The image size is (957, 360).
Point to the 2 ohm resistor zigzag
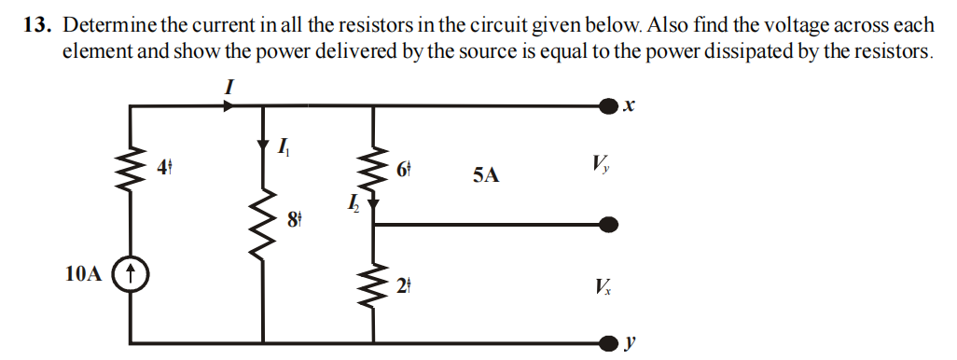(375, 285)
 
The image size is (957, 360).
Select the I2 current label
(352, 201)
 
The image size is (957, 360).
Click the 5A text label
(485, 174)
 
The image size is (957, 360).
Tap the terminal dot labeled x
(609, 106)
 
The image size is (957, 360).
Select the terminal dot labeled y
(609, 341)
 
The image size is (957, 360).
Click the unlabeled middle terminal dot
(609, 224)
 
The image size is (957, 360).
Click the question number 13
(35, 24)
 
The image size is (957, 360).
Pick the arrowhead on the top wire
(229, 106)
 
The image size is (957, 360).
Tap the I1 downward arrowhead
(264, 147)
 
